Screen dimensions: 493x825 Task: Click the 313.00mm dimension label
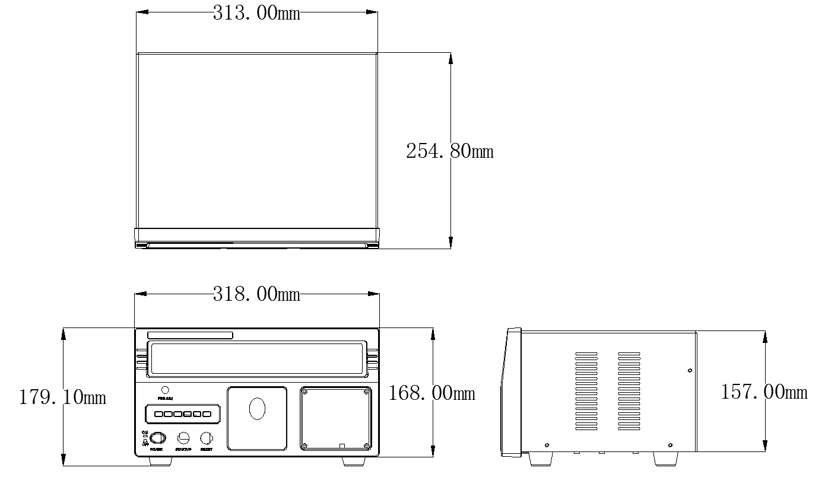(256, 13)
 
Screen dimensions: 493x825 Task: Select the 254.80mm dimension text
(449, 151)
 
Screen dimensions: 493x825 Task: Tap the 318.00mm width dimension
(256, 294)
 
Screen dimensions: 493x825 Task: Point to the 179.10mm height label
(62, 397)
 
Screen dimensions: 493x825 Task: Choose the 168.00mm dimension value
(432, 393)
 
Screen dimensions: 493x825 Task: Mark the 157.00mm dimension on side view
(764, 392)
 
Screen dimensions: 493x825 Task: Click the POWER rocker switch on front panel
(157, 438)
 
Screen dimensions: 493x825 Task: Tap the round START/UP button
(183, 438)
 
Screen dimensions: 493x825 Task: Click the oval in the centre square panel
(257, 409)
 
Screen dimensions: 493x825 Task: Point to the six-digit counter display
(182, 414)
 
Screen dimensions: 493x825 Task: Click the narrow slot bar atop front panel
(190, 336)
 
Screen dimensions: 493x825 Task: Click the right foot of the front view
(354, 461)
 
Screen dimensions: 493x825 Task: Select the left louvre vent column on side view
(586, 392)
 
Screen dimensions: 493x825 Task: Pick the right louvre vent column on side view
(629, 392)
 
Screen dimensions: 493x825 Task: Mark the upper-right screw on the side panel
(689, 371)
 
